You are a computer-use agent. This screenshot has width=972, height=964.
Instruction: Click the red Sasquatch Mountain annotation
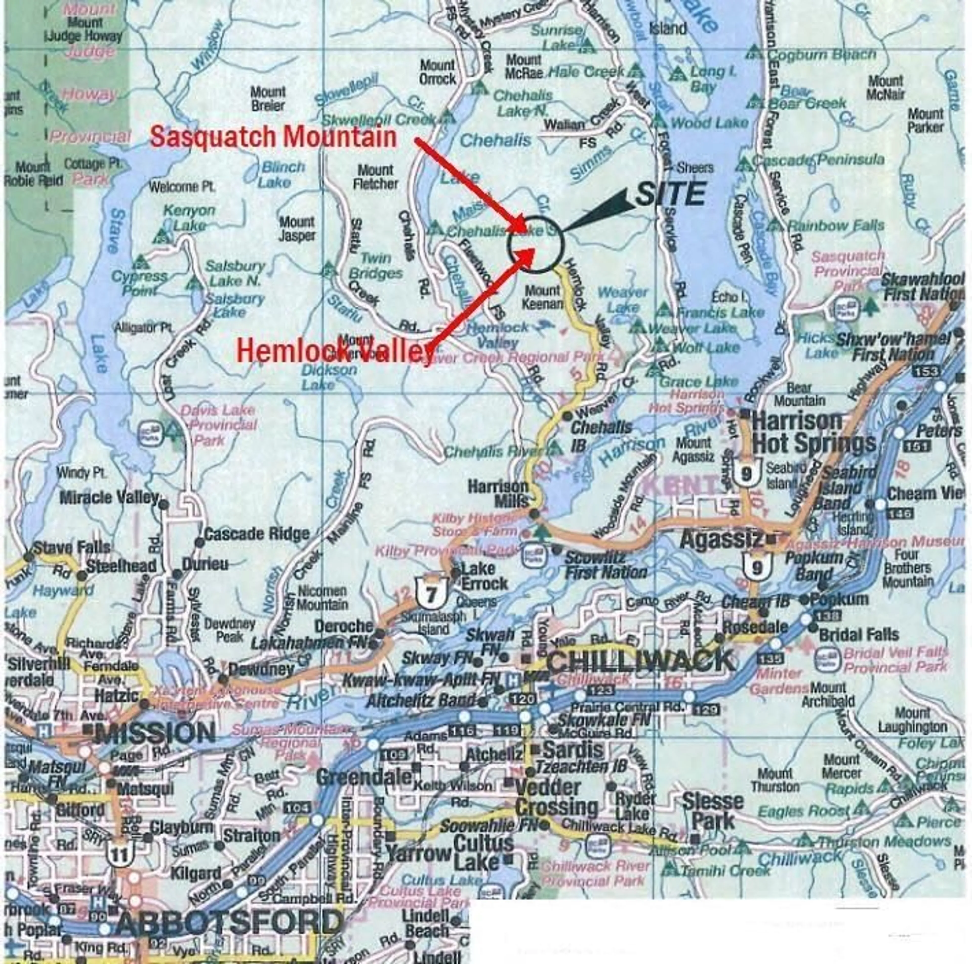(273, 137)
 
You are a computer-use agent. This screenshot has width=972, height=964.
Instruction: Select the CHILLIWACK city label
(640, 661)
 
